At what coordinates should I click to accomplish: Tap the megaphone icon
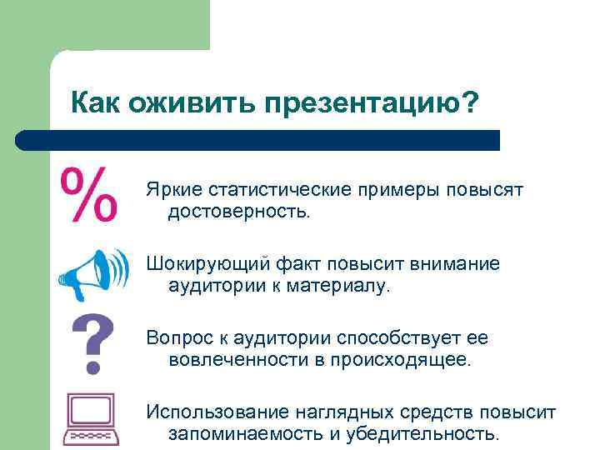93,273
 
